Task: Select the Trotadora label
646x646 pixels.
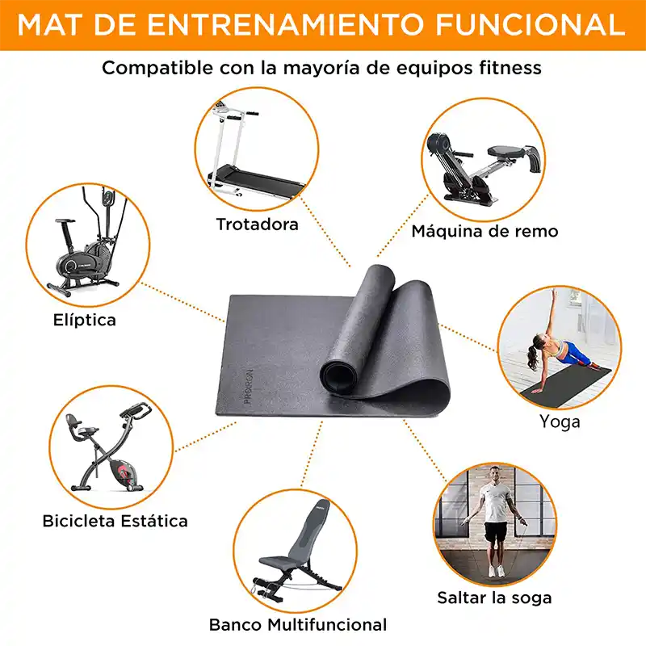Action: click(257, 224)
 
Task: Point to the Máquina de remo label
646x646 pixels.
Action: click(484, 231)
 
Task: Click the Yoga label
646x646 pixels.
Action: click(560, 421)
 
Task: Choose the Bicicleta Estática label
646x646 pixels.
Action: click(115, 521)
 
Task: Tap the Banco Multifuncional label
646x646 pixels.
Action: click(298, 624)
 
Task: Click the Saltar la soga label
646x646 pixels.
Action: click(494, 598)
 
